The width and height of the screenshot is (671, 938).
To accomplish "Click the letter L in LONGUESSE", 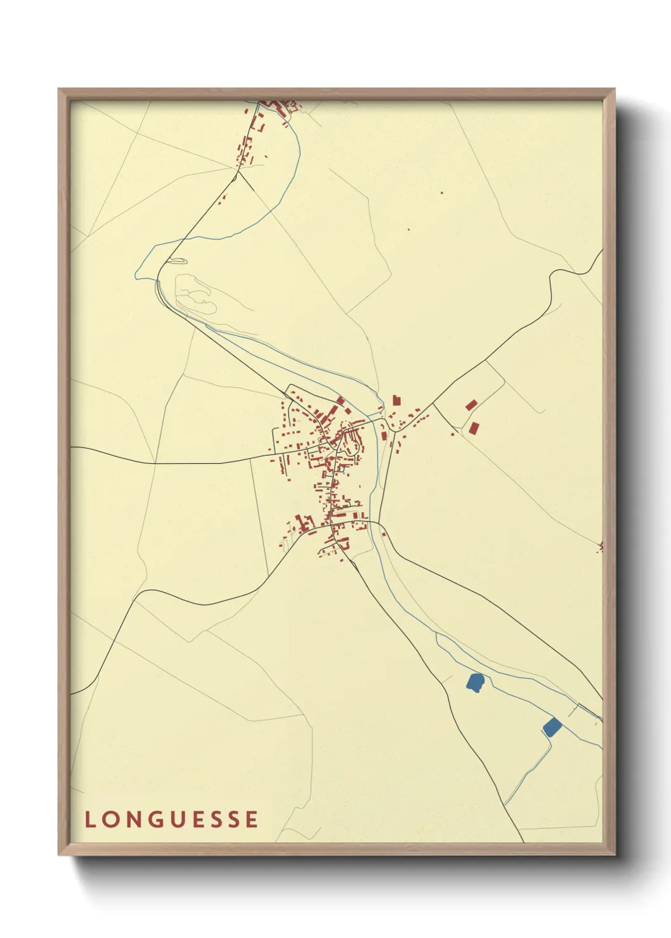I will (89, 819).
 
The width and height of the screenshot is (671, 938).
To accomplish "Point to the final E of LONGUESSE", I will (252, 819).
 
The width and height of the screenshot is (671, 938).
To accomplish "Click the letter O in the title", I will (109, 819).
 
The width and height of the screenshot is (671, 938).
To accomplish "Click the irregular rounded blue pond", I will (475, 682).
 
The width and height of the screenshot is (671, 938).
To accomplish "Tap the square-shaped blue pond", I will (552, 727).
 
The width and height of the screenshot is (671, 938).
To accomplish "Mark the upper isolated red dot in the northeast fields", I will (441, 193).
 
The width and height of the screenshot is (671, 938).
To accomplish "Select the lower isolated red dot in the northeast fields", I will (408, 229).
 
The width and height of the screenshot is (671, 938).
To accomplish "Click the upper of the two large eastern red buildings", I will (471, 405).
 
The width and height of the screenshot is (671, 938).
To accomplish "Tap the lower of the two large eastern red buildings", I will (474, 428).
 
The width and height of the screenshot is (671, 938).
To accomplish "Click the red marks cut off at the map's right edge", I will (600, 546).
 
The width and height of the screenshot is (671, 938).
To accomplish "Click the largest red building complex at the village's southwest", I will (304, 524).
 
